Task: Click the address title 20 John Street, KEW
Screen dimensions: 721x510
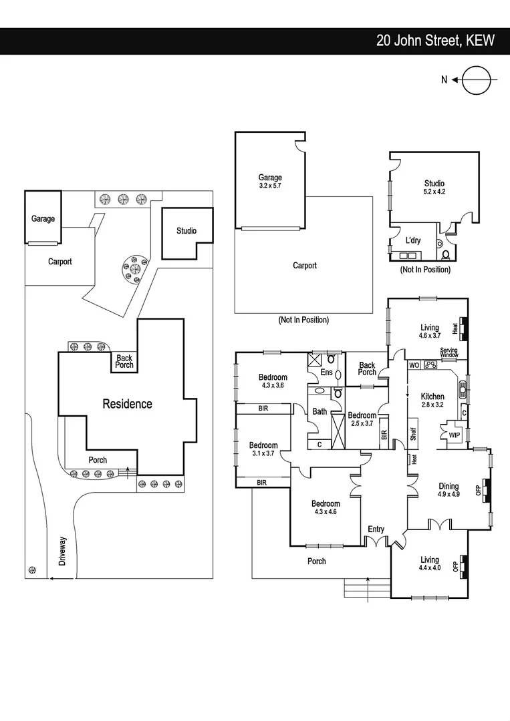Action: [x=434, y=41]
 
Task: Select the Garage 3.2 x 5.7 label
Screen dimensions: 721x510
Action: [x=270, y=182]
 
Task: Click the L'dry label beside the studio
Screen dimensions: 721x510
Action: [x=412, y=240]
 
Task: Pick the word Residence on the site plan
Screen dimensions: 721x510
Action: [x=127, y=404]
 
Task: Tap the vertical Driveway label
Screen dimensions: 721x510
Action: [x=62, y=551]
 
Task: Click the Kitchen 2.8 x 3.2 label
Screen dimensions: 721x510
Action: [x=432, y=401]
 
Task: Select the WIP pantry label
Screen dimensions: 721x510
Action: [x=454, y=435]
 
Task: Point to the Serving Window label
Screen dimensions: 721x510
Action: [x=448, y=353]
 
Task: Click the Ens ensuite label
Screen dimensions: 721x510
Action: [x=326, y=373]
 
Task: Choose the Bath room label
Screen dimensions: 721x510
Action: [x=320, y=411]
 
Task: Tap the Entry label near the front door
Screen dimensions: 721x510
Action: [x=376, y=529]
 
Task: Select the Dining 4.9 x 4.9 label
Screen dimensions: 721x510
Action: [x=448, y=491]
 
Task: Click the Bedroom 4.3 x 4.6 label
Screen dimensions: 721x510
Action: [x=326, y=508]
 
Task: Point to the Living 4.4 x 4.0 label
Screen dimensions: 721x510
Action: [x=430, y=564]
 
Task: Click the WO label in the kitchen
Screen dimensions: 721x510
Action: [x=413, y=365]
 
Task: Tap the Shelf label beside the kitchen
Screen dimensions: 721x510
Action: [x=413, y=434]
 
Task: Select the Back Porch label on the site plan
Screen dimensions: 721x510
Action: [x=124, y=362]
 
